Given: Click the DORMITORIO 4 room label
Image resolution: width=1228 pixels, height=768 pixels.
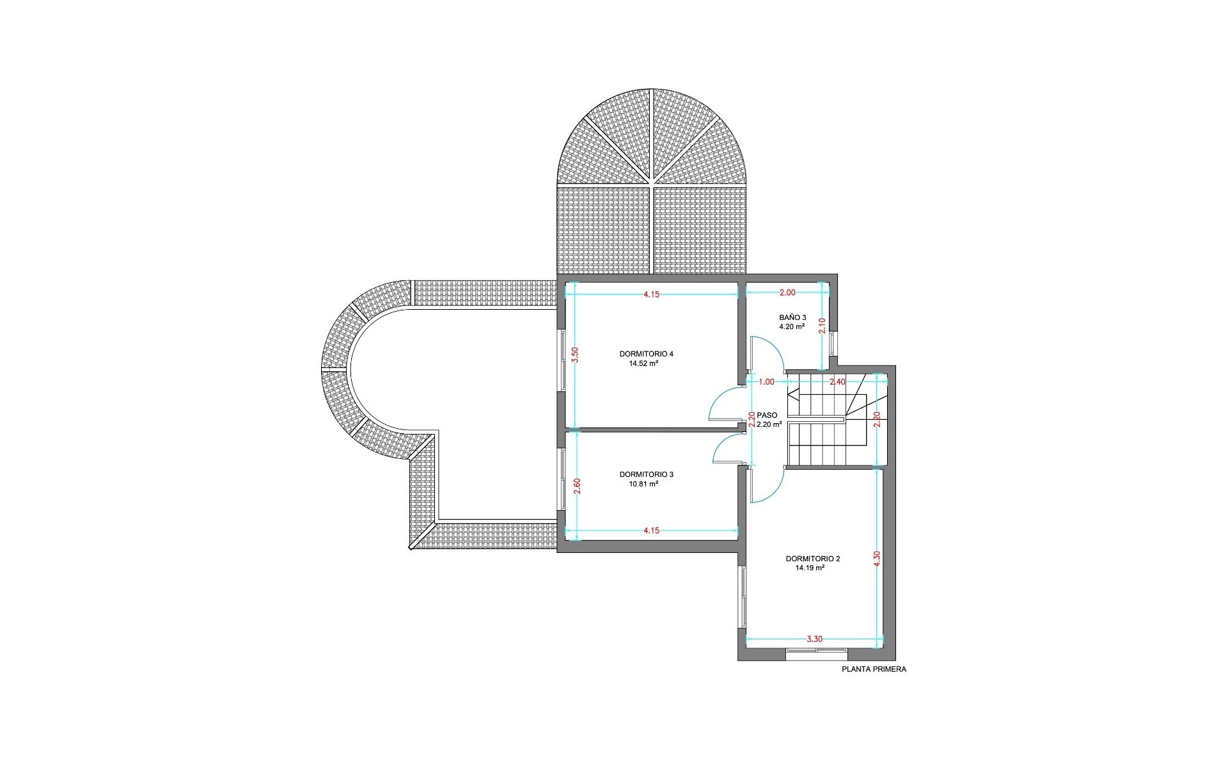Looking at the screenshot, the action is pyautogui.click(x=646, y=354).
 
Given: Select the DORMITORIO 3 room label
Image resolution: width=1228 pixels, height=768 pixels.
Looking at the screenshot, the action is pyautogui.click(x=646, y=474).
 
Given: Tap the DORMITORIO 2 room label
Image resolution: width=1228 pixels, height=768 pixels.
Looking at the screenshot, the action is pyautogui.click(x=813, y=559).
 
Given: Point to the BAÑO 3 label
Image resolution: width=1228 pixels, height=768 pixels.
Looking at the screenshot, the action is pyautogui.click(x=792, y=317).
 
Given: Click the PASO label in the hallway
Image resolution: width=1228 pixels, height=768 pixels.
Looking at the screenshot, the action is pyautogui.click(x=767, y=415).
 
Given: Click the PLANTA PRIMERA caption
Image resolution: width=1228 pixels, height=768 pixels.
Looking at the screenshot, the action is pyautogui.click(x=874, y=669).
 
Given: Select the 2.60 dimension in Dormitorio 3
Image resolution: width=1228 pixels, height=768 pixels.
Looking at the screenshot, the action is pyautogui.click(x=577, y=486).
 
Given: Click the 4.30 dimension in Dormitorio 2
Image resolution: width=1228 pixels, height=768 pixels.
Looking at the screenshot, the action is pyautogui.click(x=877, y=558).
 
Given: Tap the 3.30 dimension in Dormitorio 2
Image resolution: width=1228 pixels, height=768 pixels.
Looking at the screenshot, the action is pyautogui.click(x=814, y=639).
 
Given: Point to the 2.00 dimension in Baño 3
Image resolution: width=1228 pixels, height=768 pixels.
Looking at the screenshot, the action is pyautogui.click(x=787, y=292).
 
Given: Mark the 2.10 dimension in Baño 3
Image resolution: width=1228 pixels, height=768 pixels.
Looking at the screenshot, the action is pyautogui.click(x=823, y=326).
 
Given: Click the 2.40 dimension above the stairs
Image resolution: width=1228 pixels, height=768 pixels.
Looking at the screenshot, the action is pyautogui.click(x=837, y=382).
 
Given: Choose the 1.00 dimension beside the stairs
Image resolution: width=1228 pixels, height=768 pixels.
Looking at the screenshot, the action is pyautogui.click(x=766, y=382).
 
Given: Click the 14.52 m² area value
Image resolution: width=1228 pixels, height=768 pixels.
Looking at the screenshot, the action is pyautogui.click(x=644, y=364).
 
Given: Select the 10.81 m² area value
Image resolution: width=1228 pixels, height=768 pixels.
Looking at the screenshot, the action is pyautogui.click(x=644, y=484).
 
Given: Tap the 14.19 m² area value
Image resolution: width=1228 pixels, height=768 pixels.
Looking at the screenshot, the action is pyautogui.click(x=809, y=568).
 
